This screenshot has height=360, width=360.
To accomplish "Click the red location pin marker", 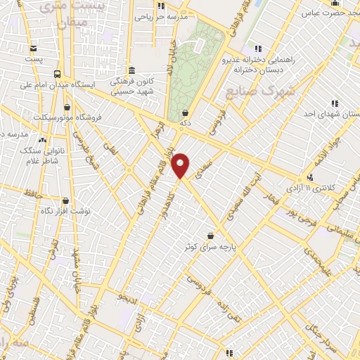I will [181, 165].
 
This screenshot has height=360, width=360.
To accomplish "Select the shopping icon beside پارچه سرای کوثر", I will [210, 236].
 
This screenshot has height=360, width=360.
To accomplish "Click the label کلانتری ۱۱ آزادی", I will [334, 188].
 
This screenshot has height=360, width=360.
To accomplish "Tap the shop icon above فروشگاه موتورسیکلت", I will [67, 107].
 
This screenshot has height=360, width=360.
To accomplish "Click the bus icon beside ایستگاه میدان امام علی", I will [56, 73].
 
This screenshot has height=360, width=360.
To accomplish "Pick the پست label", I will [34, 59].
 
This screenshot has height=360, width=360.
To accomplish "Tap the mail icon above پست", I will [34, 48].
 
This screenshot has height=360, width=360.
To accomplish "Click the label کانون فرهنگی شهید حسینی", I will [138, 86].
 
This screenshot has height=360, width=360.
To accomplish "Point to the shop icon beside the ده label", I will [185, 112].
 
